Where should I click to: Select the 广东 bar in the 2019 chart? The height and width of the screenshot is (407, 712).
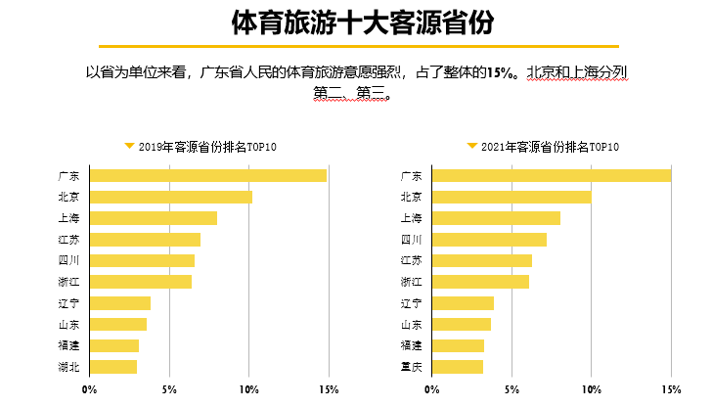pos(207,175)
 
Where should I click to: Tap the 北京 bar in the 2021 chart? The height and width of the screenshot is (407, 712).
pos(512,197)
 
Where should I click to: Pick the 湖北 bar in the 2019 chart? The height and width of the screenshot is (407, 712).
pos(113,367)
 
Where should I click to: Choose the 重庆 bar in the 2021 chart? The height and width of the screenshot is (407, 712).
pos(458,367)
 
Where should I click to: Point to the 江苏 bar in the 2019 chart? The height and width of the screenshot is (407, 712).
pos(145,239)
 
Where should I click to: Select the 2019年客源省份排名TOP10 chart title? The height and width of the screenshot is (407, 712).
pos(207,147)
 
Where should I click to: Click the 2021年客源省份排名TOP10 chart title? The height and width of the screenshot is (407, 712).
pos(551,147)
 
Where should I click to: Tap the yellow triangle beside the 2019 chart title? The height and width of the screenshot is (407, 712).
pos(129,146)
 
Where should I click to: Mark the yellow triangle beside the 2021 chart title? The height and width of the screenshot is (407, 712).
pos(472,146)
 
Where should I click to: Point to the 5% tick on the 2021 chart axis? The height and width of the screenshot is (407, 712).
pos(512,389)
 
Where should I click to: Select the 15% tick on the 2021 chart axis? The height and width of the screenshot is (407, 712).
pos(671,389)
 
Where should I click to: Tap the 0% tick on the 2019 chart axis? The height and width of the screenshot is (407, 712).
pos(89,389)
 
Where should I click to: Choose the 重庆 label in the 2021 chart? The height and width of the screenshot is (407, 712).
pos(412,368)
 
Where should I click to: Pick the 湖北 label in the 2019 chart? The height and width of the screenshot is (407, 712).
pos(68,368)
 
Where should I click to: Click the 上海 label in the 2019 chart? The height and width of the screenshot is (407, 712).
pos(68,218)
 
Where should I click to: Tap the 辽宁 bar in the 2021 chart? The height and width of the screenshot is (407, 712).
pos(464,303)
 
